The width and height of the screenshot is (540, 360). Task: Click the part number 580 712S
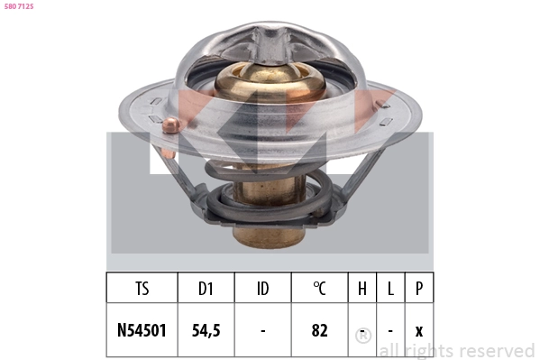tap(20, 5)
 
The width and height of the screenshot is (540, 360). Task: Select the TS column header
tap(142, 289)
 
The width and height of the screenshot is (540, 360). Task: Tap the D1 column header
tap(206, 289)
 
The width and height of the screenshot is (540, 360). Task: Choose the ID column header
tap(262, 289)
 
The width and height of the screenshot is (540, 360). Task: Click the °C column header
tap(319, 289)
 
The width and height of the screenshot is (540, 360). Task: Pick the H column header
tap(362, 289)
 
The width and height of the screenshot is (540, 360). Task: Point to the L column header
tap(390, 289)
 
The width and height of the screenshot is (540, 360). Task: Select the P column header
tap(418, 289)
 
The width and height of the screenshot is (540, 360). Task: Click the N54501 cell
tap(142, 330)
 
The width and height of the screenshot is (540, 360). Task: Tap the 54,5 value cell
tap(206, 330)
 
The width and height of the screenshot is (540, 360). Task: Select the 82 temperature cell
tap(319, 330)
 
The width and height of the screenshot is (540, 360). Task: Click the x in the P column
tap(418, 330)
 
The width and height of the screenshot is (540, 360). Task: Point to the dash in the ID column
tap(262, 330)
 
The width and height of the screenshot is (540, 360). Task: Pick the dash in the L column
tap(390, 330)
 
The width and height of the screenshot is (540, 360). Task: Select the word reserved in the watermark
tap(494, 350)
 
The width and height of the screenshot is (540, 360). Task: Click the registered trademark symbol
tap(363, 336)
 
